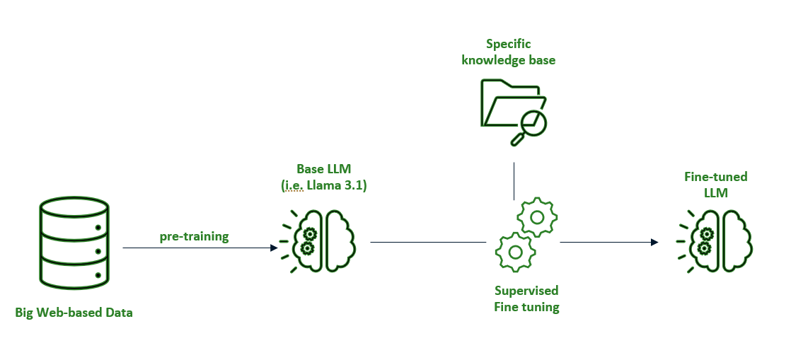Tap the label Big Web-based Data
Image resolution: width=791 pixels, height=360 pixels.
point(74,312)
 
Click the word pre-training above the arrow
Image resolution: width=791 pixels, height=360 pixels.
point(194,236)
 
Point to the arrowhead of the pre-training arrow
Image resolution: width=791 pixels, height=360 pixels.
point(274,248)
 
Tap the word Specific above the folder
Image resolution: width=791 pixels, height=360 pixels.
point(508,45)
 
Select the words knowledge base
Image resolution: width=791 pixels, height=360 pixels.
point(508,60)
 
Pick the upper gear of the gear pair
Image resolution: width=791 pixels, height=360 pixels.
point(537,216)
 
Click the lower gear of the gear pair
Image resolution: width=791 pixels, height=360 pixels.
point(516,251)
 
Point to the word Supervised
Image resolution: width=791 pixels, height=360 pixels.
point(526,291)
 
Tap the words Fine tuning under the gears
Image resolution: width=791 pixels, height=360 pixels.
point(526,307)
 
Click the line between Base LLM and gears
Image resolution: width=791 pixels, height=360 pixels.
point(427,242)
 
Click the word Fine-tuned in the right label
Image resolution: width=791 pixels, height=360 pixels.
point(715,177)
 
